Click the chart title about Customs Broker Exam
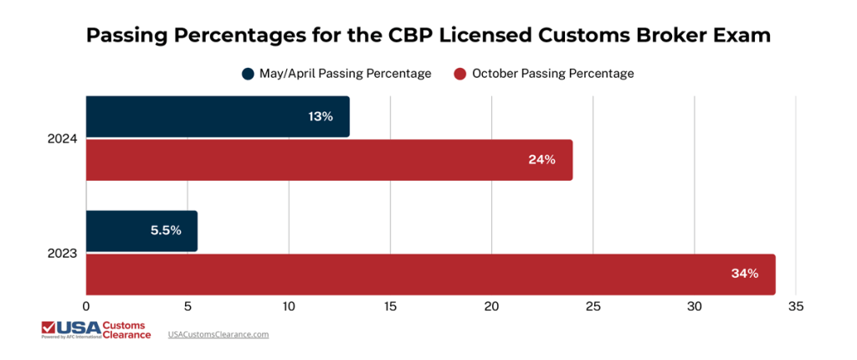pos(428,36)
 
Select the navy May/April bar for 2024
pos(218,116)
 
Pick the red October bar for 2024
pos(329,160)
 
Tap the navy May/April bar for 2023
pos(141,231)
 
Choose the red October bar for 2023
pos(430,274)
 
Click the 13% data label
pos(321,116)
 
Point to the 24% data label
pos(541,160)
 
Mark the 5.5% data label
pos(166,231)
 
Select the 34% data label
pos(744,274)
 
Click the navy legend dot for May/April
pos(248,74)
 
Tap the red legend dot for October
pos(459,74)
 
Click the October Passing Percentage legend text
pos(552,74)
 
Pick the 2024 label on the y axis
pos(63,139)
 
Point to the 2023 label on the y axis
pos(63,253)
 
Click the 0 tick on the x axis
pos(86,307)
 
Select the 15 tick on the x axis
pos(390,307)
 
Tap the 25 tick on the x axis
pos(593,307)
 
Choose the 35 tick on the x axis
pos(795,307)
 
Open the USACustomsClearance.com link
pos(218,334)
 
